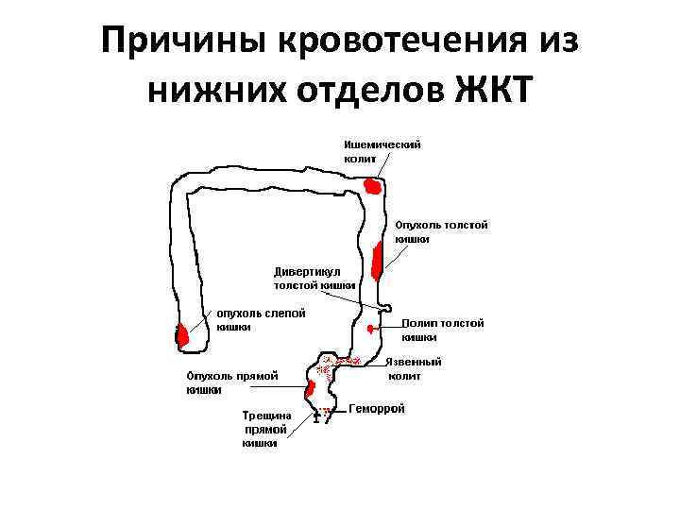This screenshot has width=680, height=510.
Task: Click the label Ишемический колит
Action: pos(382,152)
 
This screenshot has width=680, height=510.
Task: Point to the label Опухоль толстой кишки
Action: pos(441,232)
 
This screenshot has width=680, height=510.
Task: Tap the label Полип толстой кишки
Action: pos(442,330)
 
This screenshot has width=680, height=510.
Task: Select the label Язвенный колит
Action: pos(416,369)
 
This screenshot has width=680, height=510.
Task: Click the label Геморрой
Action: pos(377,409)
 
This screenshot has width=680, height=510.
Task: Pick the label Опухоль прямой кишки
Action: pos(231,382)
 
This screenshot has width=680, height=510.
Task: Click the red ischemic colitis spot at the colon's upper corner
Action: pos(373,186)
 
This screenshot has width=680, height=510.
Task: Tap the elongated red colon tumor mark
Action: pos(377,261)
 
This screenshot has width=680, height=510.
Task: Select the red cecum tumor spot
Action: pos(182,334)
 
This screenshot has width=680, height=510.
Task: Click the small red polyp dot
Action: pos(371,327)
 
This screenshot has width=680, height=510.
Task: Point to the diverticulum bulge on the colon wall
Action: pos(385,308)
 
